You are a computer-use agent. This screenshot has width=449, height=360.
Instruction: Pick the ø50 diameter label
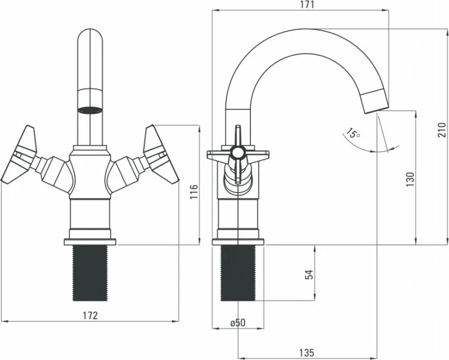click(x=237, y=323)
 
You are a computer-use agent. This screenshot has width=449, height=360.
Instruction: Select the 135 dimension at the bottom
click(x=306, y=353)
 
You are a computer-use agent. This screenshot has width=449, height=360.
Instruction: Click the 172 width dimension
click(x=90, y=315)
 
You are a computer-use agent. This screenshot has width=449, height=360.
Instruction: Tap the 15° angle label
click(x=353, y=134)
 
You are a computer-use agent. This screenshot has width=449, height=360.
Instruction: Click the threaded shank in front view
click(x=90, y=273)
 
